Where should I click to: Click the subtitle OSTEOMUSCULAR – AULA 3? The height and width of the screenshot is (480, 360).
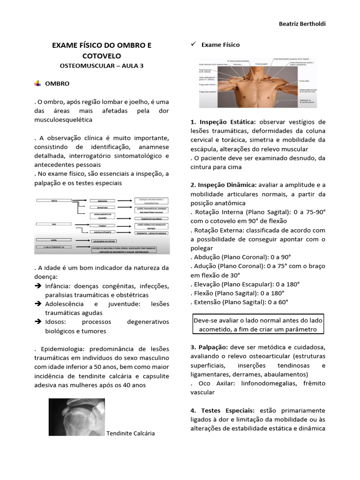[x=102, y=66]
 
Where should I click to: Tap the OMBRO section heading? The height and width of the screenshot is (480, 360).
[x=57, y=83]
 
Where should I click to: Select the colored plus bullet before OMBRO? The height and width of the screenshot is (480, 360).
[x=38, y=83]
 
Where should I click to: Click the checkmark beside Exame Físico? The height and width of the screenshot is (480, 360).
[x=193, y=45]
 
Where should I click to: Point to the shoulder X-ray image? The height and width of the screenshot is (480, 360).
[x=76, y=417]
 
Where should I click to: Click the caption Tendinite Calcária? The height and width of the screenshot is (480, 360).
[x=131, y=433]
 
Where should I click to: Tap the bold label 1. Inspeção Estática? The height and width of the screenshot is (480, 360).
[x=223, y=122]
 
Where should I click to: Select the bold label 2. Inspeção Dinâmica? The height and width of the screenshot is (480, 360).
[x=224, y=185]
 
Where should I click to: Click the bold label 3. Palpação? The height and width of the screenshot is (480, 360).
[x=209, y=347]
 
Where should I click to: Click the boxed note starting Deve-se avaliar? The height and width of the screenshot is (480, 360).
[x=258, y=324]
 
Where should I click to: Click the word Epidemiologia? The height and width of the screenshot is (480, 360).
[x=60, y=349]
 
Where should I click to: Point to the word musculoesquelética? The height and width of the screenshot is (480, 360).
[x=63, y=120]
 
